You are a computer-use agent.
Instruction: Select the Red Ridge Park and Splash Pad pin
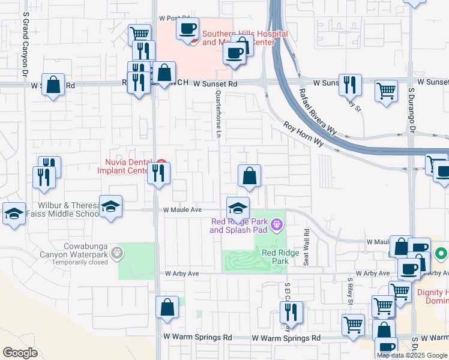click(x=276, y=226)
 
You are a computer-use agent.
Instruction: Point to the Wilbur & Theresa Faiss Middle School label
click(x=68, y=209)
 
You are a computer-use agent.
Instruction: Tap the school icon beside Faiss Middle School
click(x=111, y=206)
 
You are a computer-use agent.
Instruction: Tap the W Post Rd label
click(x=174, y=19)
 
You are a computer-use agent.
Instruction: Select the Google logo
click(x=20, y=353)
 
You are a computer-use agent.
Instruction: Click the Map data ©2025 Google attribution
click(x=412, y=355)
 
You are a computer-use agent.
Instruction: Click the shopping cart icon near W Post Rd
click(x=139, y=34)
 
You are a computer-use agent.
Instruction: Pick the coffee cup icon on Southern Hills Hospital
click(x=187, y=28)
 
